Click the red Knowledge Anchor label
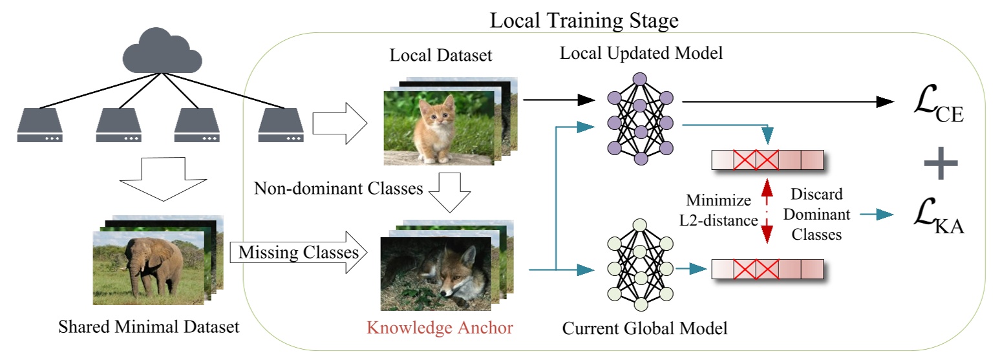pos(440,328)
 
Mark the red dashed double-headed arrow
pos(767,211)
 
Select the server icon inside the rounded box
pos(281,126)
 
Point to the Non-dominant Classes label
pos(338,189)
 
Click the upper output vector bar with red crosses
pos(768,160)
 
